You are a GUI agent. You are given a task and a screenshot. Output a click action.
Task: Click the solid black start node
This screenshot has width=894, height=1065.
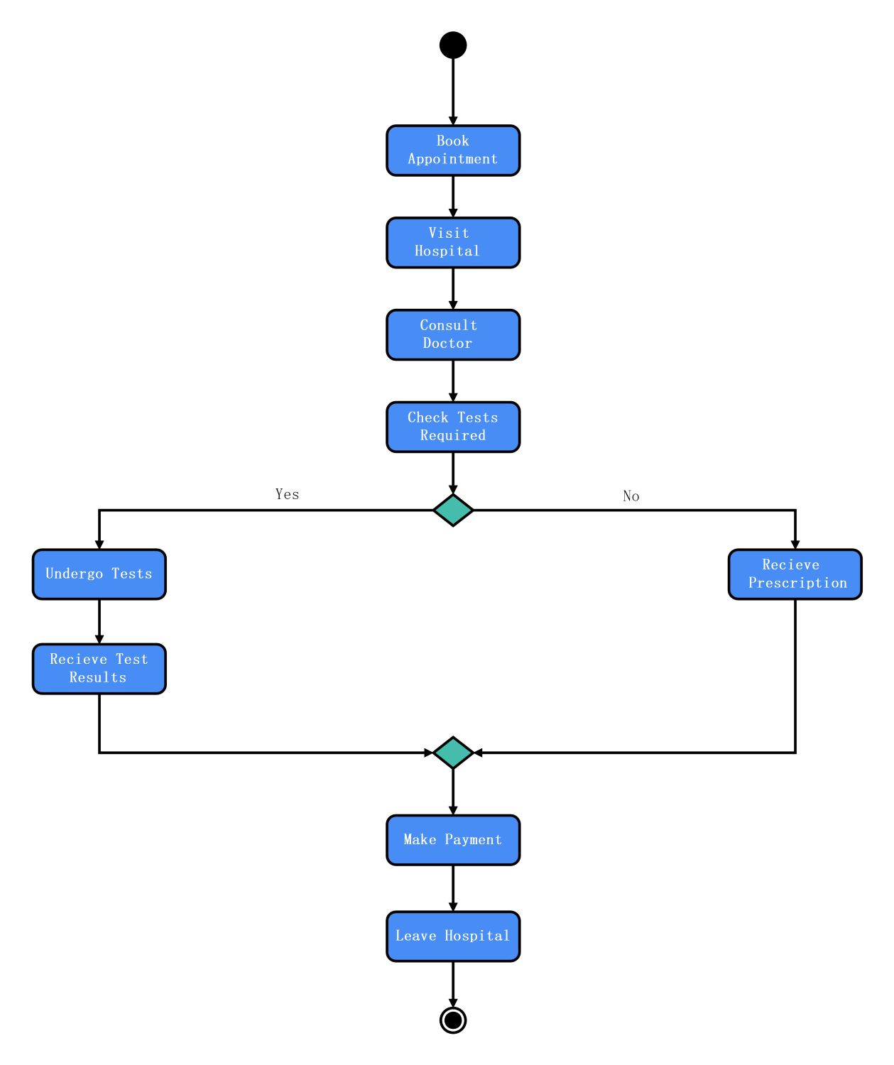(x=453, y=45)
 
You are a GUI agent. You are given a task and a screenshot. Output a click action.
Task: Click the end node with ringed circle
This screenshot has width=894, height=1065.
(x=453, y=1020)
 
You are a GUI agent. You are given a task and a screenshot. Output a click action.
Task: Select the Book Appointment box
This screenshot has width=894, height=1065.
(x=453, y=151)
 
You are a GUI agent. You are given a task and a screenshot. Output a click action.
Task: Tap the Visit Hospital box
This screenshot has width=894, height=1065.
(x=453, y=243)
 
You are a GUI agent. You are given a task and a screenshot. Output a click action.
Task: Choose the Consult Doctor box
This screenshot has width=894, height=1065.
(x=453, y=335)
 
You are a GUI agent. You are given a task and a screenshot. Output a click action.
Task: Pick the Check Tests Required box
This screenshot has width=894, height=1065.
(x=453, y=427)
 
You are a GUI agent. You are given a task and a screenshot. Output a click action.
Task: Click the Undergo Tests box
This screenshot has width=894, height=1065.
(x=99, y=574)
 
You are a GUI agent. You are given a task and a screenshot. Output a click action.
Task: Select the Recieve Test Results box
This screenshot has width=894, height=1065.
(x=99, y=669)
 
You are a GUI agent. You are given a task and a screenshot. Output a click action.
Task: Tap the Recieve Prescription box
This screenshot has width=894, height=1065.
(x=795, y=574)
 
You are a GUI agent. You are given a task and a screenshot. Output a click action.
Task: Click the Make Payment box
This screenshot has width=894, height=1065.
(x=453, y=840)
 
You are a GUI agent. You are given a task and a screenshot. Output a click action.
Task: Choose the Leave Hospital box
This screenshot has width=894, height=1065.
(x=453, y=936)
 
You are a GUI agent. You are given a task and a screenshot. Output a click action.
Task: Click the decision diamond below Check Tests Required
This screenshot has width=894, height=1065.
(x=453, y=510)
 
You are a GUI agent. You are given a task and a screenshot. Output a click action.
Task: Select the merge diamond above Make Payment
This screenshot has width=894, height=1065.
(x=453, y=753)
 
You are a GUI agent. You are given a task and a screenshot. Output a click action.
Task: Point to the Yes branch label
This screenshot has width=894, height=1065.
(x=287, y=494)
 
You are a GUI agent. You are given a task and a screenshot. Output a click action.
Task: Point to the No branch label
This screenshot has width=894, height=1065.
(x=631, y=496)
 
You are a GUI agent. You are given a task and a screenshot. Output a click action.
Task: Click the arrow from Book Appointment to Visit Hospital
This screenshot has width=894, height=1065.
(x=453, y=197)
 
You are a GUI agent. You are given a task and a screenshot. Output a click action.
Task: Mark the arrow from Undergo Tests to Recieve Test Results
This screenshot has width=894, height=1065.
(x=99, y=622)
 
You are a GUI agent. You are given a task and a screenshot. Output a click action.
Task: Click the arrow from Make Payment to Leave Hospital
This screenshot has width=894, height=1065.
(x=453, y=888)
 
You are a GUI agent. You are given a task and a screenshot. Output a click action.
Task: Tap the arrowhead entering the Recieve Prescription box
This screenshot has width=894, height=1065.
(x=795, y=545)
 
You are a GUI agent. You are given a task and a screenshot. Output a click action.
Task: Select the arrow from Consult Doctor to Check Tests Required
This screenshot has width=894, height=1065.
(x=453, y=381)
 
